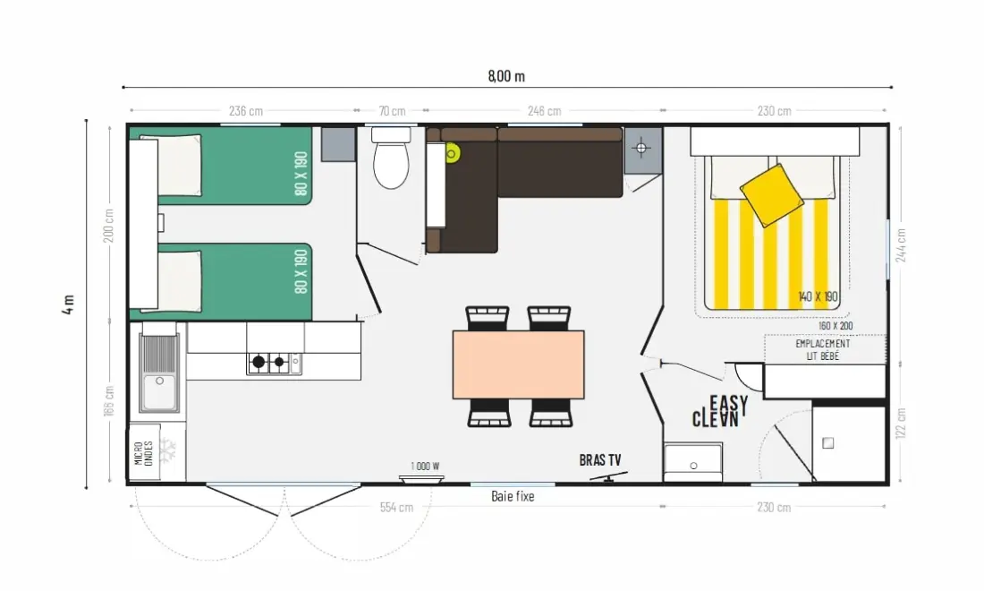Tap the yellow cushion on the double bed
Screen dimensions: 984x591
(x=771, y=195)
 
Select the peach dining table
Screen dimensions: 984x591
(x=518, y=364)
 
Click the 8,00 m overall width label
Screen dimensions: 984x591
(x=506, y=77)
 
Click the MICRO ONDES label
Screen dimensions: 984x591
(x=144, y=453)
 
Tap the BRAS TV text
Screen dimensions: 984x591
(x=600, y=460)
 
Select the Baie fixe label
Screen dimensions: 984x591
(x=513, y=496)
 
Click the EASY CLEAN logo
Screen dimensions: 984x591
(x=720, y=412)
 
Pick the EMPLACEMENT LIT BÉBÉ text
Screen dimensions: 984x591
(x=823, y=350)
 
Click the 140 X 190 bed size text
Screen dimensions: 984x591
(x=818, y=296)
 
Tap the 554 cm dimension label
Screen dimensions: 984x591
(x=396, y=507)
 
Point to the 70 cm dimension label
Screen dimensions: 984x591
(x=392, y=111)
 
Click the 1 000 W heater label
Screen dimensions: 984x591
(x=425, y=466)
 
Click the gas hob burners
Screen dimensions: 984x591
(x=268, y=363)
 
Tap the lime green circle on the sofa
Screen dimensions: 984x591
(x=452, y=153)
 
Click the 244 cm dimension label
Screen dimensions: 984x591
(x=901, y=245)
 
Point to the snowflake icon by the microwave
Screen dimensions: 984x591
(x=167, y=450)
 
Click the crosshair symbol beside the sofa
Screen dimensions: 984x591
(x=641, y=149)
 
